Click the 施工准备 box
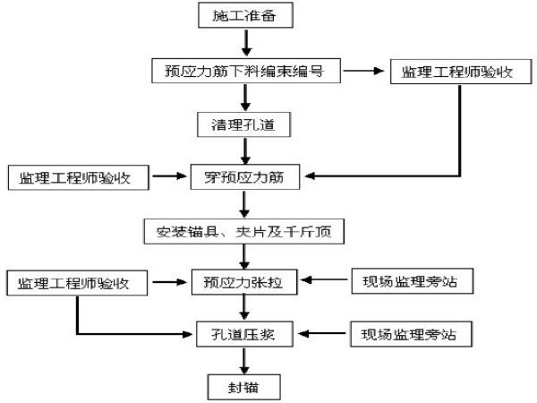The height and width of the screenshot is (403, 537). tap(245, 15)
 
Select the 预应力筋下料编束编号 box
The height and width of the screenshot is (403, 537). tap(246, 71)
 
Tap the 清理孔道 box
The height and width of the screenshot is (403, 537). tap(243, 124)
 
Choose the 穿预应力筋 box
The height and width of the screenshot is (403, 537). tap(245, 176)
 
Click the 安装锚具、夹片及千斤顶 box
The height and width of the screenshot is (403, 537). tap(244, 231)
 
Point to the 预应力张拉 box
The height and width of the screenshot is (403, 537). tap(244, 282)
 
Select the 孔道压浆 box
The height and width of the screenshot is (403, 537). tap(244, 334)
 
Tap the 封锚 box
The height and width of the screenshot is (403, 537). tap(244, 387)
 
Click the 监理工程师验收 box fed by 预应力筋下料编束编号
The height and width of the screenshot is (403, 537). tap(461, 72)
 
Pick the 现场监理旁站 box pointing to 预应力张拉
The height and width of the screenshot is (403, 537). tap(413, 281)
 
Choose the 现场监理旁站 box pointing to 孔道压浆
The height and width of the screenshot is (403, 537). tap(411, 334)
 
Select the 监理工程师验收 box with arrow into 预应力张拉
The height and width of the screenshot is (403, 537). tap(77, 283)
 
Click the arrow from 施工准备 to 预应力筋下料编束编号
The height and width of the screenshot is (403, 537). tap(246, 43)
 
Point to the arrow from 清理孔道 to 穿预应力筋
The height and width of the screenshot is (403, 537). tap(245, 151)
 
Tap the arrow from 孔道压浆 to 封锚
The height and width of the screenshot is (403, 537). tap(244, 361)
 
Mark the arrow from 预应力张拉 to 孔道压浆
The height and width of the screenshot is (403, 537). tap(244, 308)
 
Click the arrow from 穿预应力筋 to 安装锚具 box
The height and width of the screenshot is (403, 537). tap(244, 204)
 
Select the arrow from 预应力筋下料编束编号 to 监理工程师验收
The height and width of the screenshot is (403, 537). tap(363, 71)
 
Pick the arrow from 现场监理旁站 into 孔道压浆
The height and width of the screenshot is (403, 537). tap(322, 333)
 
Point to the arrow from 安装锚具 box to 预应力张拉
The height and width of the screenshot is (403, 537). tap(244, 257)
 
